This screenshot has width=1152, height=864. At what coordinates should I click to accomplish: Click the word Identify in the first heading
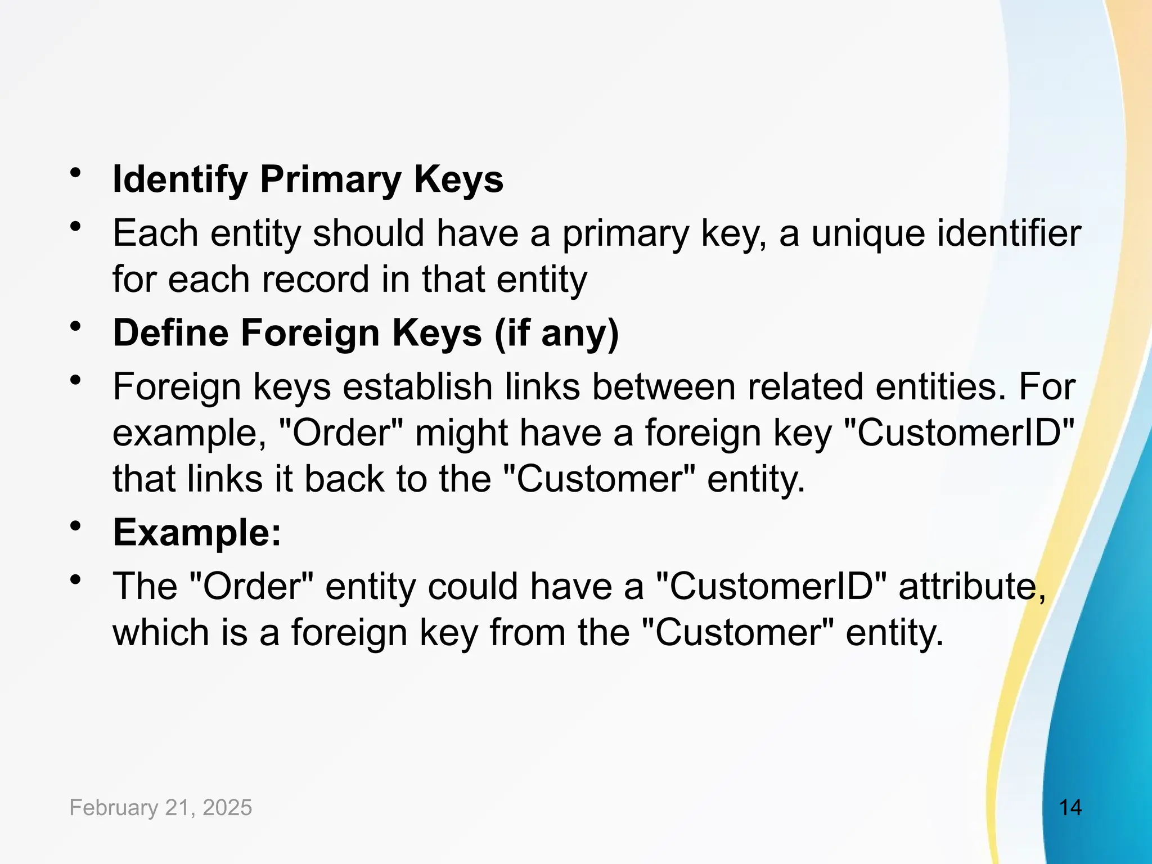tap(180, 180)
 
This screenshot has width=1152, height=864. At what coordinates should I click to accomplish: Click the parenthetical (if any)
tap(556, 332)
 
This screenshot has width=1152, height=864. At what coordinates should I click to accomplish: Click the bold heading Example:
tap(197, 532)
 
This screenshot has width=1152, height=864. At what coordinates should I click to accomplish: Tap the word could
tap(472, 586)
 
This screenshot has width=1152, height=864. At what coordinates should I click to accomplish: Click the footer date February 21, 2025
tap(161, 808)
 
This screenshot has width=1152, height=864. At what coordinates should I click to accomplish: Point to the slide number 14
tap(1070, 808)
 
